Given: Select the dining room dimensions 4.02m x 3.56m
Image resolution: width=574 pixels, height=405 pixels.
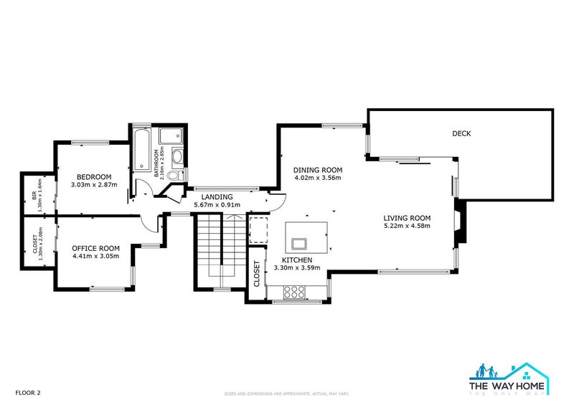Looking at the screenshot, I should [x=317, y=178].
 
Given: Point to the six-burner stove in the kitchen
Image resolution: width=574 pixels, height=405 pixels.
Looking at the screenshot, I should [x=293, y=291].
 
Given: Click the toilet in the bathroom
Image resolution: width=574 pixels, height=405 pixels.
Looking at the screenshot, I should [x=179, y=174].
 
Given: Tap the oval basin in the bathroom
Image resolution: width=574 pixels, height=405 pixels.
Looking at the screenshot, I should [x=177, y=156].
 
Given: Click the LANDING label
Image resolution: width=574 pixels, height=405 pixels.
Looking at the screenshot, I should [x=217, y=196].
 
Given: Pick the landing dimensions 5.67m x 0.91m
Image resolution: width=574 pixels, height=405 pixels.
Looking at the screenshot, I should [x=217, y=205].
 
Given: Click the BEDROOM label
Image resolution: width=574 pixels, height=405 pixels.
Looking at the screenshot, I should [x=94, y=177].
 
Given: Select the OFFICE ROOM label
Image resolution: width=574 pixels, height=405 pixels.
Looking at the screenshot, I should [x=95, y=248].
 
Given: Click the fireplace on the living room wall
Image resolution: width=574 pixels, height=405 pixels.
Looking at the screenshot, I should [x=460, y=222].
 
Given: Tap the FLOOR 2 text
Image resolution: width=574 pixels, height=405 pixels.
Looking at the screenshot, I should [x=29, y=393].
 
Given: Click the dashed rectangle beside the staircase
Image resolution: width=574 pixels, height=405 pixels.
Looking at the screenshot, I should [x=257, y=227].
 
